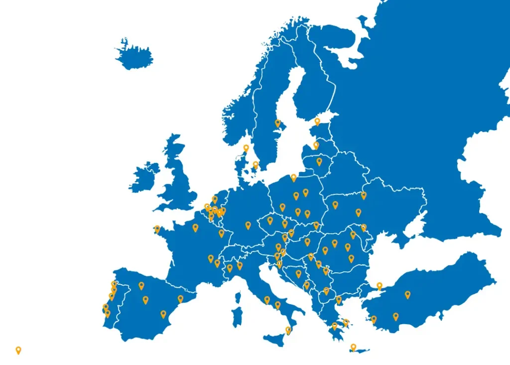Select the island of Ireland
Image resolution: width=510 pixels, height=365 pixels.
tap(145, 176)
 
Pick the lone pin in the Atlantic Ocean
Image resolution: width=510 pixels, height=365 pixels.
tap(18, 350)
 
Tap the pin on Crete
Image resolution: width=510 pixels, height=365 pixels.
tap(353, 347)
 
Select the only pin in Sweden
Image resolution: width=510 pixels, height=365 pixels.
tap(278, 123)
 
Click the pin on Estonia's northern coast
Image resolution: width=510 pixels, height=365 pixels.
tap(317, 121)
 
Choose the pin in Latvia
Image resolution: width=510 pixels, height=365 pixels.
tap(316, 145)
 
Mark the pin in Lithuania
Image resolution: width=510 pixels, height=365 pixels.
tap(319, 161)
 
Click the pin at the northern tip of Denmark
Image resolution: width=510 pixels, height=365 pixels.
tap(246, 148)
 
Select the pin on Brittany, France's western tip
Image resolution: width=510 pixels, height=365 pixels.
tap(157, 229)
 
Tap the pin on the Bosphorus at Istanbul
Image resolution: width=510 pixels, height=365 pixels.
tap(379, 286)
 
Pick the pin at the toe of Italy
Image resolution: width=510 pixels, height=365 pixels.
tap(288, 330)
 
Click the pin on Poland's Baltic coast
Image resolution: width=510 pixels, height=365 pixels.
tap(293, 177)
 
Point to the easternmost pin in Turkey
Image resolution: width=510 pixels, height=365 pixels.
tap(407, 294)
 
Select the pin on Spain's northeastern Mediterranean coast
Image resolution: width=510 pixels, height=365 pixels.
tap(180, 299)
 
